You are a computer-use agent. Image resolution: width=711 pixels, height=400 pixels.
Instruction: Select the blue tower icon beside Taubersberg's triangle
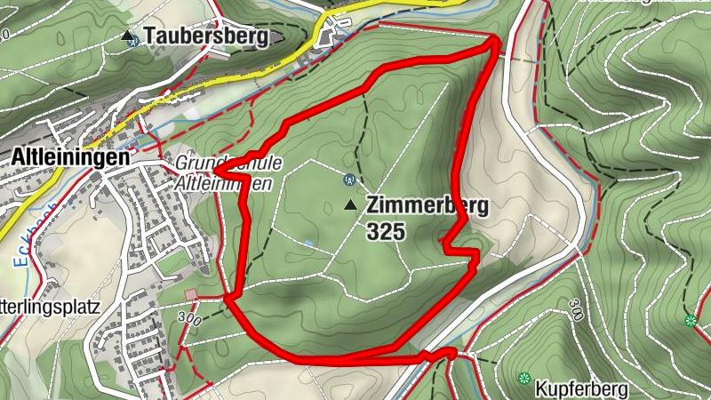[x=133, y=41]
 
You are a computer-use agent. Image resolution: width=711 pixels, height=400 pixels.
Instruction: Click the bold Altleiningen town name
[x=69, y=156]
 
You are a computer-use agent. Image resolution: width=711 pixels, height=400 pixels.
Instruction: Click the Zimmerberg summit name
[x=427, y=206]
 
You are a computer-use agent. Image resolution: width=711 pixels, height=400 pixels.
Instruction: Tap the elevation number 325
[x=384, y=232]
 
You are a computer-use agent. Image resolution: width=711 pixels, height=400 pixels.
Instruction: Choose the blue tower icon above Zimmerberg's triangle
[x=347, y=179]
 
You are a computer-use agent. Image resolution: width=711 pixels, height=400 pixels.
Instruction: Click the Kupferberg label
[x=582, y=389]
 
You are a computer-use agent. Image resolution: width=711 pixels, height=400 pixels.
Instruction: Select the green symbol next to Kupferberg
[x=523, y=378]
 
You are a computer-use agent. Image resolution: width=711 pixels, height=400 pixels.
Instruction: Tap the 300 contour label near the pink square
[x=189, y=316]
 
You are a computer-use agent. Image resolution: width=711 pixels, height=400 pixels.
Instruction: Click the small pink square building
[x=190, y=295]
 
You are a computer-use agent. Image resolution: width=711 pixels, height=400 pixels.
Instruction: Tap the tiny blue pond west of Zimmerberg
[x=308, y=242]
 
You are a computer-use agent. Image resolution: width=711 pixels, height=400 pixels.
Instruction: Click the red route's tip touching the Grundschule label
[x=217, y=169]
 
